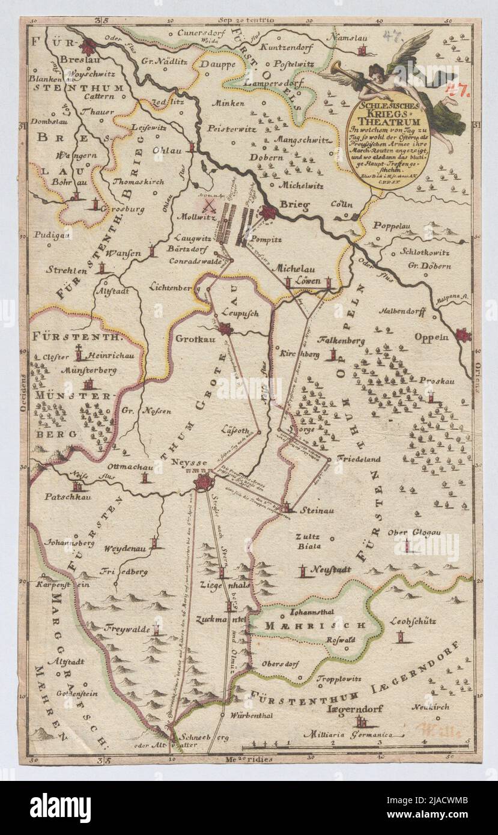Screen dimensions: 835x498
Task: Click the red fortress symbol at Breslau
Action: point(89,47)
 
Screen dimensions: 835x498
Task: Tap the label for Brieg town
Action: point(294,206)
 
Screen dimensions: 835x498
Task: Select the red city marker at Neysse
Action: point(204,482)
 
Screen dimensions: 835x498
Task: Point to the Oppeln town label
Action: point(431,337)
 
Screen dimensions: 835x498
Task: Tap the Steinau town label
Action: point(320,510)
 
